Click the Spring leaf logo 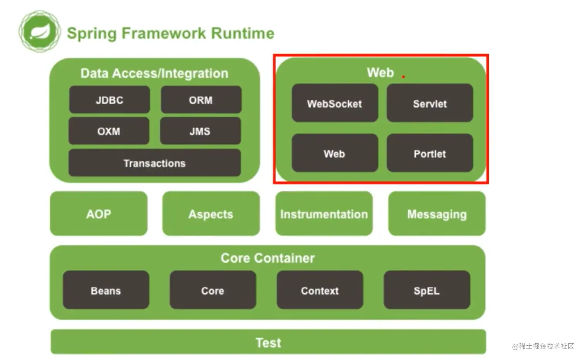[x=40, y=31]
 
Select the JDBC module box [x=110, y=100]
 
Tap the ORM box [x=201, y=100]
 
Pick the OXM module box [x=109, y=131]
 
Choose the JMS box [x=200, y=131]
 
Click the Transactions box [x=154, y=163]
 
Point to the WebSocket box [x=334, y=104]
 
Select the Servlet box [x=430, y=104]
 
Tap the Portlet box [x=430, y=153]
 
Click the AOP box [x=99, y=214]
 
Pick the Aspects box [x=211, y=214]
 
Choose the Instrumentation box [x=324, y=214]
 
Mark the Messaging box [x=437, y=214]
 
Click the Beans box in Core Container [x=106, y=290]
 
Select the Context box [x=320, y=290]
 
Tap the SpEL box [x=427, y=290]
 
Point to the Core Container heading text [x=268, y=258]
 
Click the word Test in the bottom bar [x=268, y=343]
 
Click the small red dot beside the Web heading [x=403, y=77]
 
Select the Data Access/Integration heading [x=154, y=73]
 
